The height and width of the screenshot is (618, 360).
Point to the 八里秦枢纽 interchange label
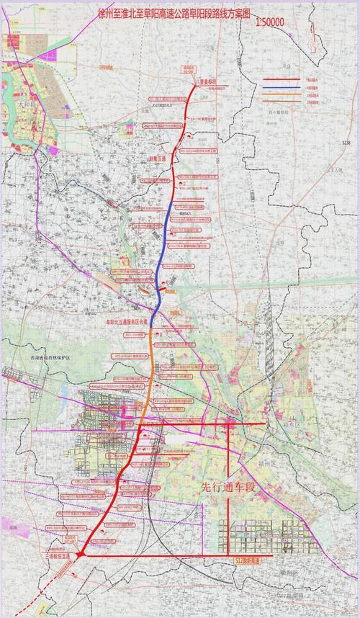coord(206,81)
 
